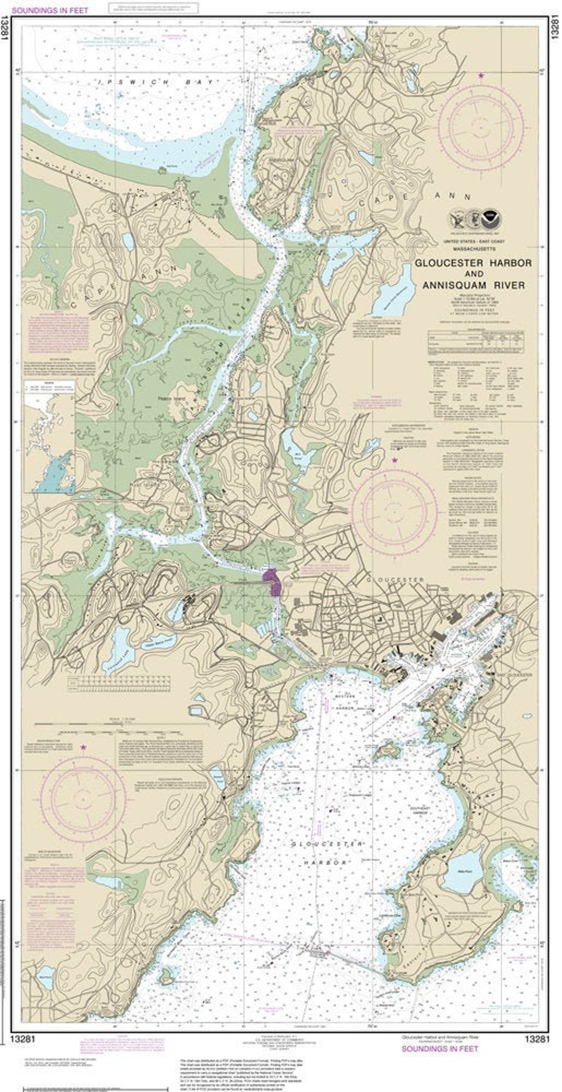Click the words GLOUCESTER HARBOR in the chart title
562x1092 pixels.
(473, 263)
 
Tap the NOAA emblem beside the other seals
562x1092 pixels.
(489, 217)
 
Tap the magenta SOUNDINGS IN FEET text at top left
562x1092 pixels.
(48, 10)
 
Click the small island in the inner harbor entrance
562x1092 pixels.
(386, 752)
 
